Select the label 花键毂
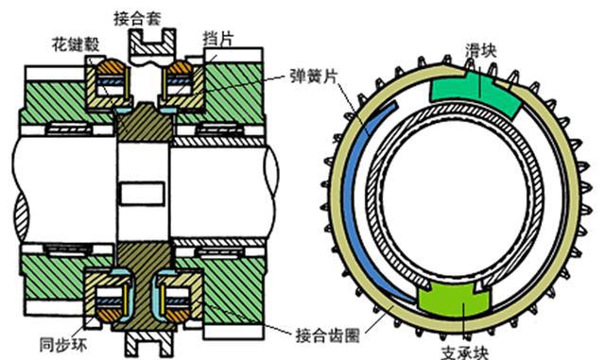[73, 44]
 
